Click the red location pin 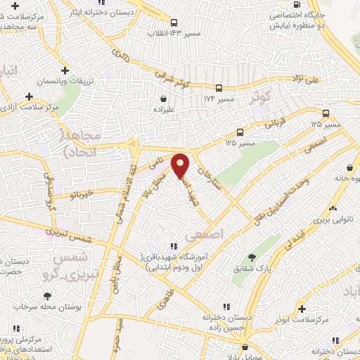click(181, 165)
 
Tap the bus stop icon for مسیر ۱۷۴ click(220, 88)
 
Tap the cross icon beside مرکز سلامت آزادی click(29, 96)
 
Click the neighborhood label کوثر click(259, 98)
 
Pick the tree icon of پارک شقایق click(254, 257)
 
